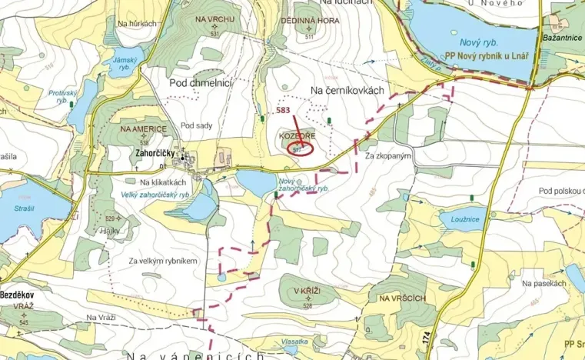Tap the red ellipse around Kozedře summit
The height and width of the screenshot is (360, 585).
(x=299, y=148)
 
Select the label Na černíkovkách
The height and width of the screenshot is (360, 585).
(x=346, y=91)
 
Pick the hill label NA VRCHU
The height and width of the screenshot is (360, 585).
(x=214, y=18)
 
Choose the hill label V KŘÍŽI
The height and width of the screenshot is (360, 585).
(x=306, y=292)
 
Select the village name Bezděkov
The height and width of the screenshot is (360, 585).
(x=20, y=295)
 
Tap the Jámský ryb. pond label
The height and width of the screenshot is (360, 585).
(x=123, y=63)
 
